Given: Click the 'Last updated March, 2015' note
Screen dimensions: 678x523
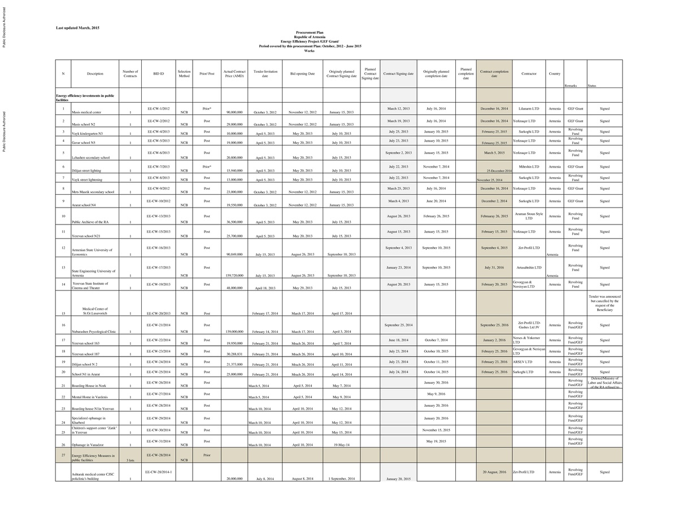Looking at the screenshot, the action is point(77,28).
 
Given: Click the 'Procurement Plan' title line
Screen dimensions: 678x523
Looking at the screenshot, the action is point(310,33).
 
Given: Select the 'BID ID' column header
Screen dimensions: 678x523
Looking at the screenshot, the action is point(158,73).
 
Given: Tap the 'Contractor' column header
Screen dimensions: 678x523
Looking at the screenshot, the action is point(529,73).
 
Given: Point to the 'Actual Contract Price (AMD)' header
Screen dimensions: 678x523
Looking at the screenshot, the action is point(234,73).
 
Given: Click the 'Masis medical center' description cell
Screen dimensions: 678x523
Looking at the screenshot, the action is point(86,112).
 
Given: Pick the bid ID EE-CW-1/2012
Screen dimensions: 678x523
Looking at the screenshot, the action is point(158,108).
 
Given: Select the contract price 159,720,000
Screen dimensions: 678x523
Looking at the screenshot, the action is point(234,275).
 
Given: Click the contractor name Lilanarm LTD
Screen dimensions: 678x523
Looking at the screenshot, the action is point(529,108).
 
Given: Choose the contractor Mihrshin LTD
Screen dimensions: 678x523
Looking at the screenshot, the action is point(529,166).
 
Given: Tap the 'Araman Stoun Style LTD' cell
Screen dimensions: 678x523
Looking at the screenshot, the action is point(529,216).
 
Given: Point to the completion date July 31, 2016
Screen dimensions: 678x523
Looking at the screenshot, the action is point(494,267).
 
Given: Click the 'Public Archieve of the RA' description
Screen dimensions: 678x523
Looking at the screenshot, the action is point(90,222).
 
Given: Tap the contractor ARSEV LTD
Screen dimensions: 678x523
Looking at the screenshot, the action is point(523,362).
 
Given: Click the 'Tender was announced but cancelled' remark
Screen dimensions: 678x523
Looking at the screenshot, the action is point(605,303).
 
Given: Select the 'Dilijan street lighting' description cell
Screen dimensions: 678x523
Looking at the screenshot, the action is point(88,170).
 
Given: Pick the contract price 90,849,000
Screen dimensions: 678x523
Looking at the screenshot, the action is point(234,254).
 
